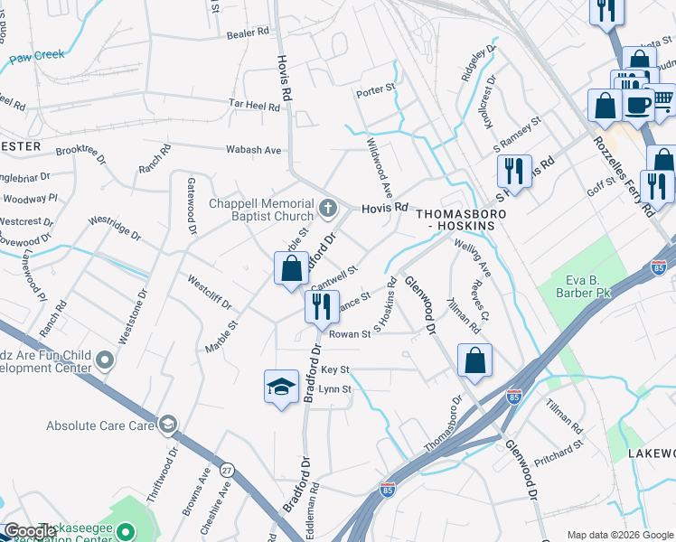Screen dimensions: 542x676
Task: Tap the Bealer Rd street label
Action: [249, 32]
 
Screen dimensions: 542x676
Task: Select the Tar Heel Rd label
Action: [254, 106]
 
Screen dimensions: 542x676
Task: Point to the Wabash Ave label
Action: [258, 150]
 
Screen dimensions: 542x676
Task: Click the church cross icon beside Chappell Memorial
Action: [328, 210]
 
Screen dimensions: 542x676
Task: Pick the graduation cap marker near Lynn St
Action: [281, 388]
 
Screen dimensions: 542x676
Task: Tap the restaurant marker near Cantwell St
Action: [320, 307]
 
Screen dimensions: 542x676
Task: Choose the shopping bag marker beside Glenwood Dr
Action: [474, 361]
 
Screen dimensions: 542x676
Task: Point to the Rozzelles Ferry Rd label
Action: [623, 175]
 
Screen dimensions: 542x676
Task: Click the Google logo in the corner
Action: [31, 531]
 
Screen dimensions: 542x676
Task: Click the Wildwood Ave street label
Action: [379, 168]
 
